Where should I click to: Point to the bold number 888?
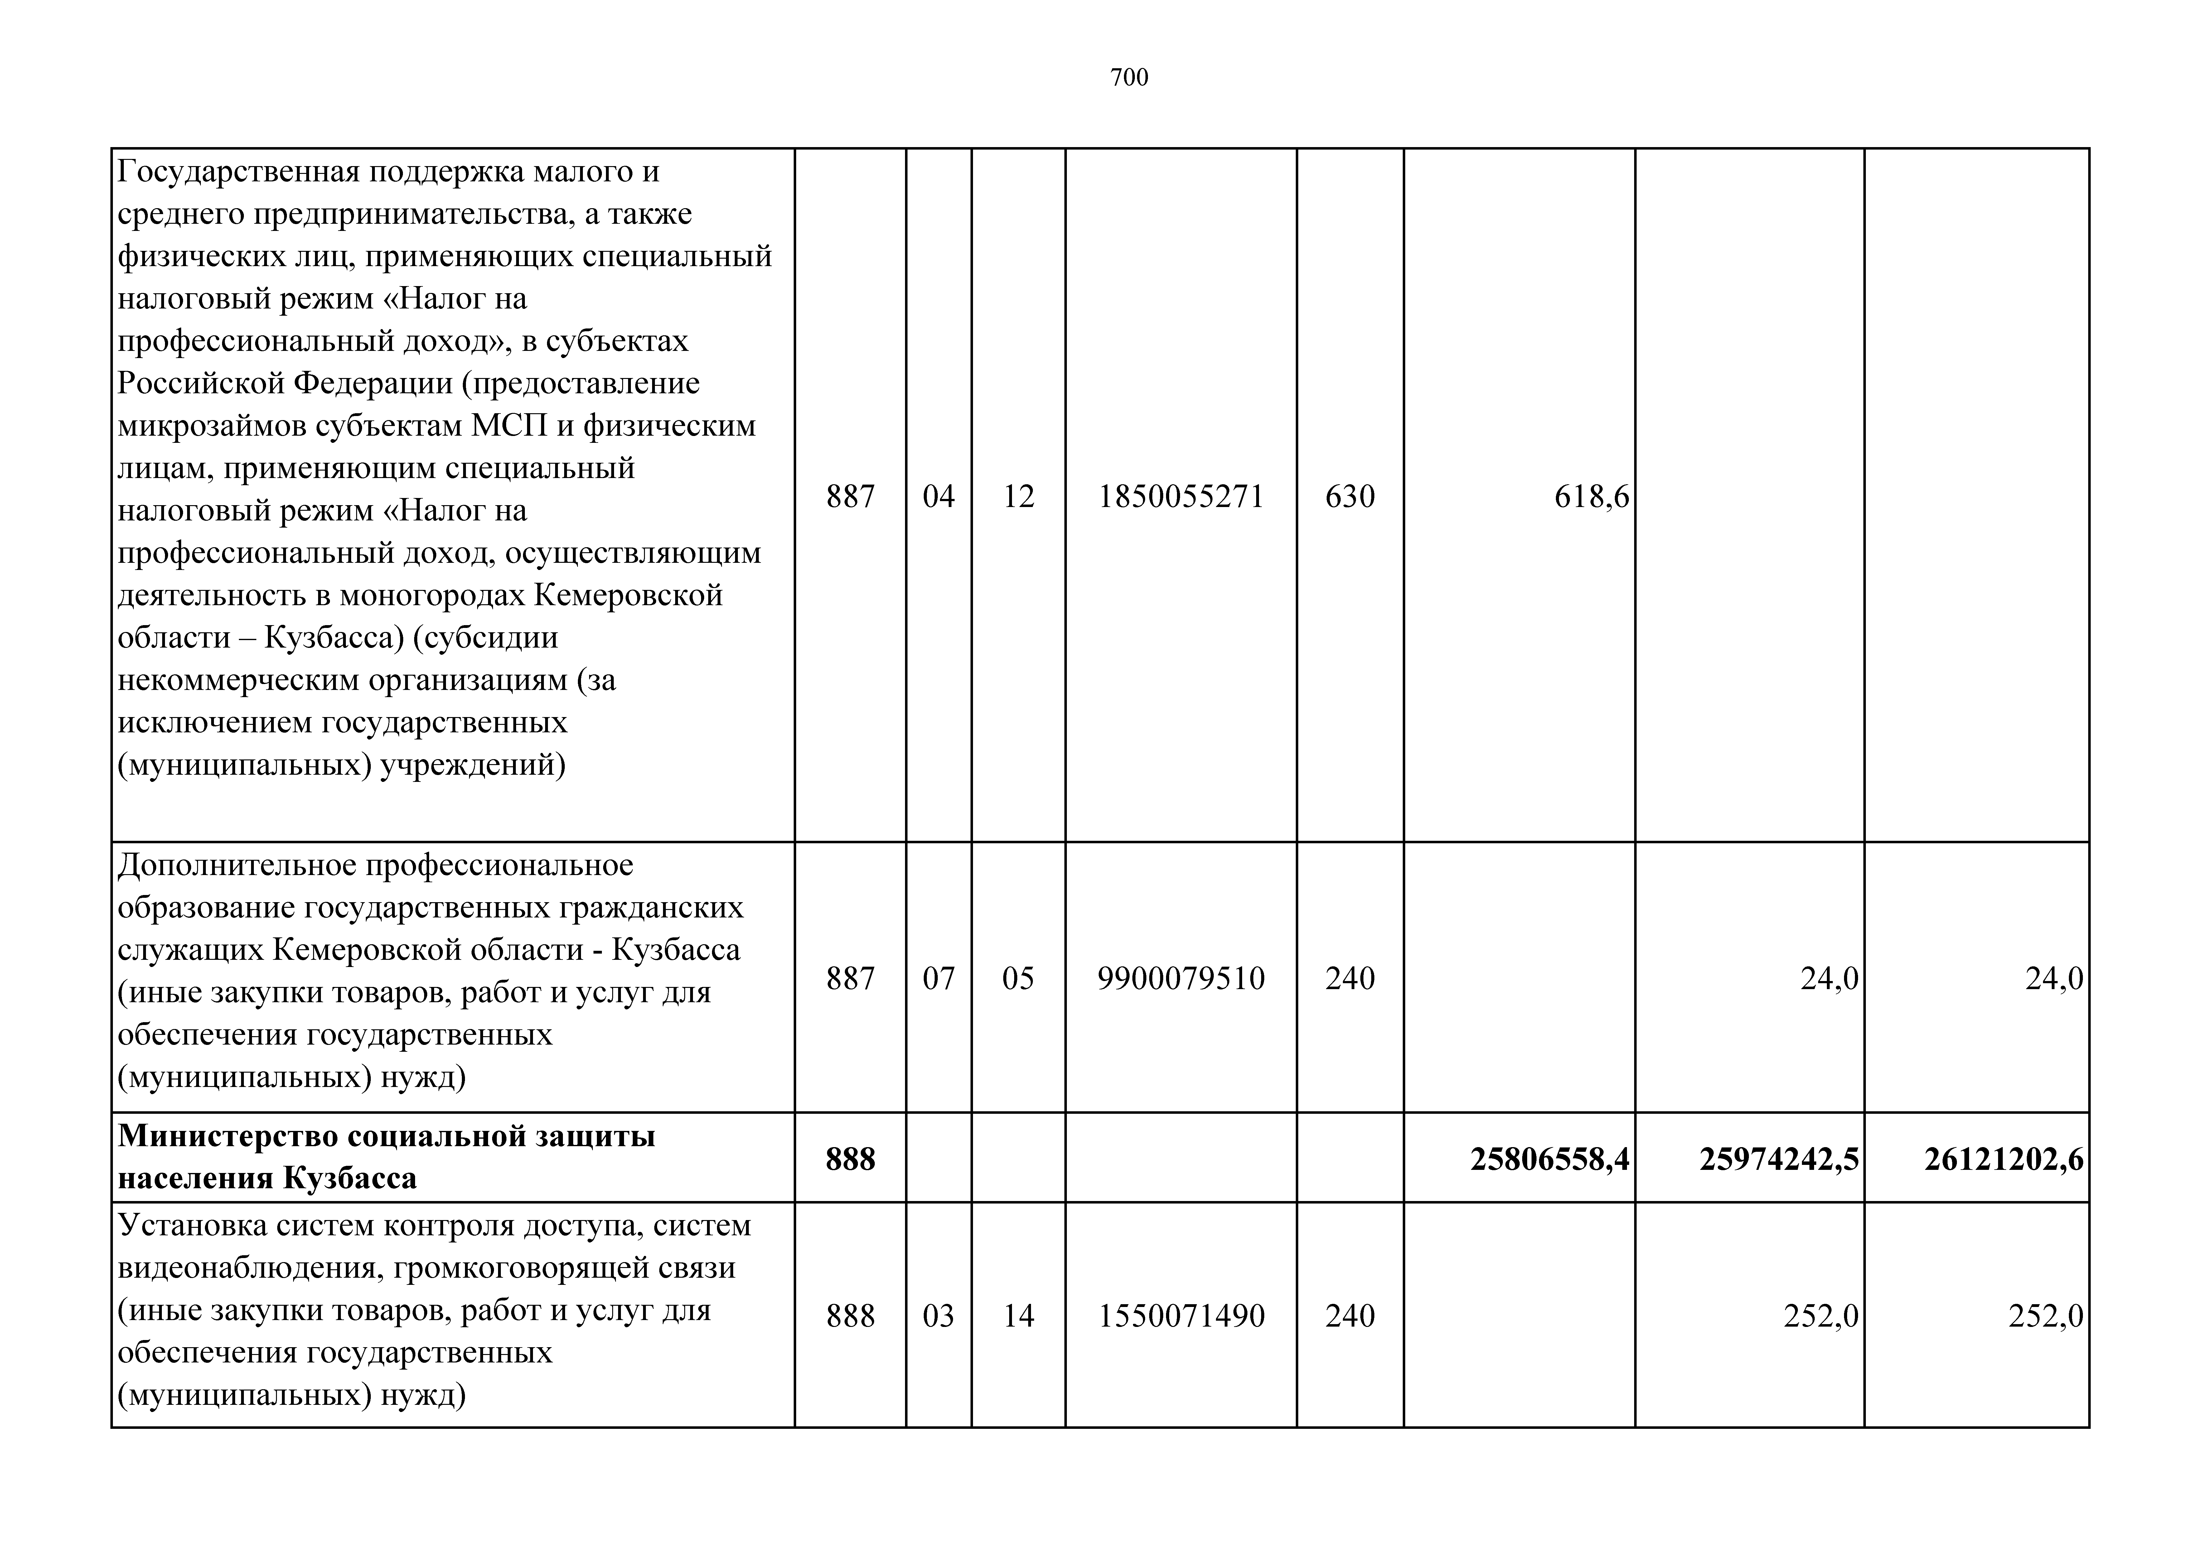[850, 1158]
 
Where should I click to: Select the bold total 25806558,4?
[1550, 1158]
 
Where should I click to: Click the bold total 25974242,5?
[1779, 1158]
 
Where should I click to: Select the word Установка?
[191, 1225]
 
